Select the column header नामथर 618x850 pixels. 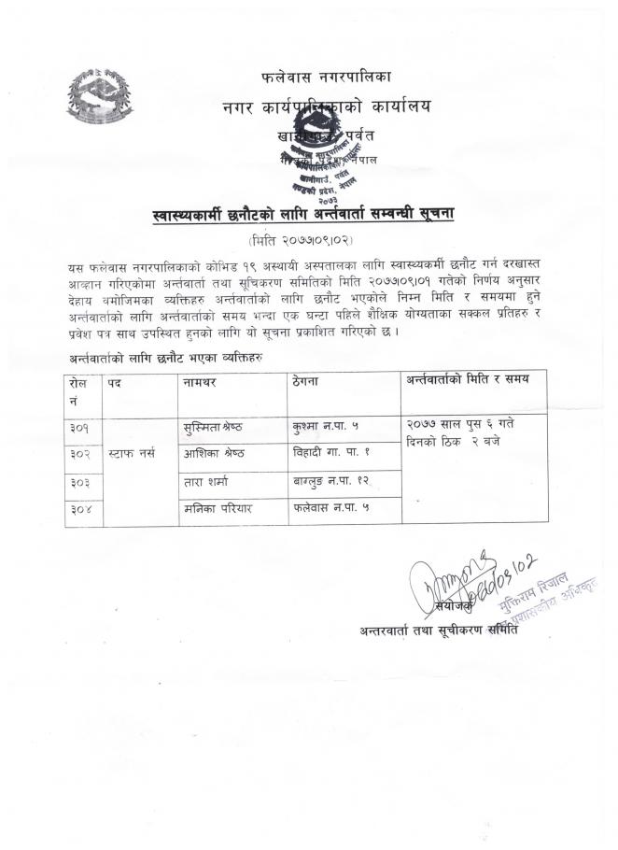203,383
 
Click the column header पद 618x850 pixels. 115,383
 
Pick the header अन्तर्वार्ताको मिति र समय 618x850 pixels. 467,381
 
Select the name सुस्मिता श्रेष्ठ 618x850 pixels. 216,426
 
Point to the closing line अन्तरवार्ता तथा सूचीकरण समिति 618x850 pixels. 439,630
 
